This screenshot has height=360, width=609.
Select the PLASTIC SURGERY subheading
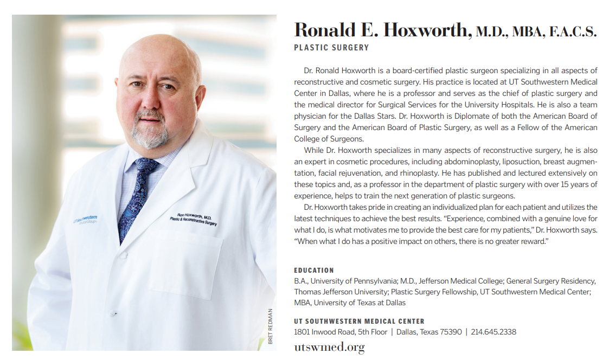331,48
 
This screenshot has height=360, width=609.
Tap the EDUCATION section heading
314,270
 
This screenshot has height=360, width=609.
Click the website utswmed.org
329,347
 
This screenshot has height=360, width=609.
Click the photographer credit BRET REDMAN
271,326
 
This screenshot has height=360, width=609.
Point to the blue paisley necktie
136,195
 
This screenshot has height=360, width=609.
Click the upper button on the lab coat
123,255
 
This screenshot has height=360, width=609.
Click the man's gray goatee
151,130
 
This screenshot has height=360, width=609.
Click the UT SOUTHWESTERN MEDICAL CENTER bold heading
359,321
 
